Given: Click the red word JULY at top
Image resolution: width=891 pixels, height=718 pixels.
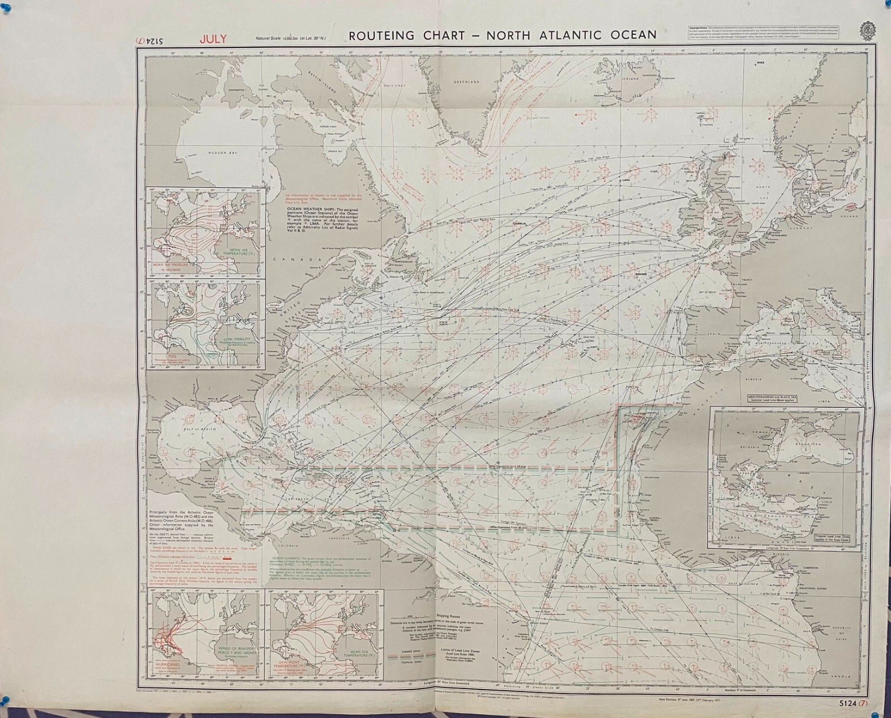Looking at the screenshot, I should tap(213, 38).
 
